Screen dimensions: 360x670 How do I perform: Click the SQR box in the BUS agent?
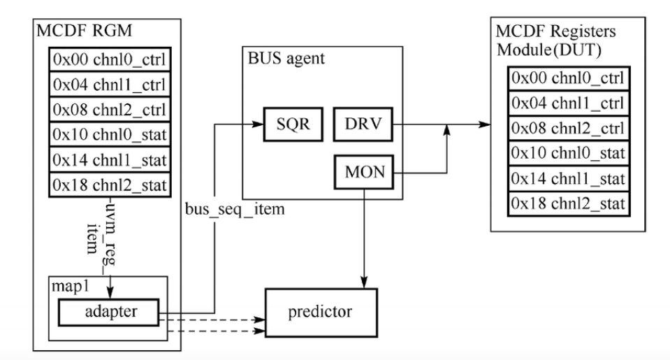(x=289, y=124)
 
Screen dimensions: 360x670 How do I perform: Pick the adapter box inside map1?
(x=108, y=311)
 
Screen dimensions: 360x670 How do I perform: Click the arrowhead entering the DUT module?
(x=483, y=124)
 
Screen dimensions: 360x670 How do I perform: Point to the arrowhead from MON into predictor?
(x=364, y=280)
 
